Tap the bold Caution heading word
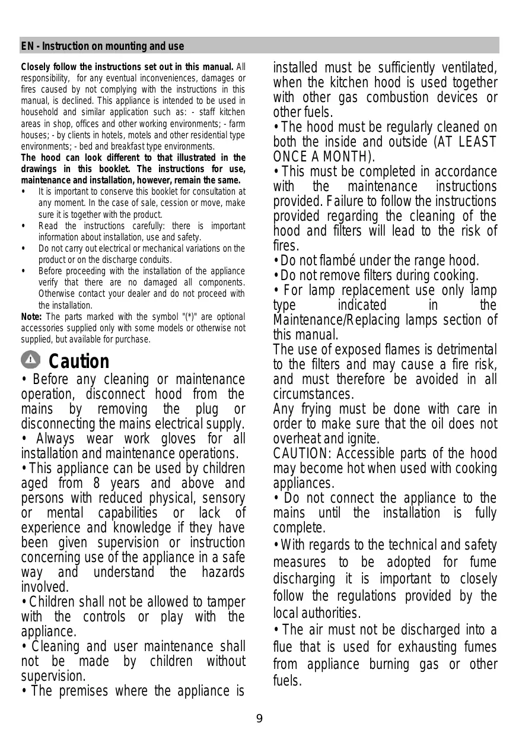coord(79,361)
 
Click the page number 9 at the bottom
coord(259,719)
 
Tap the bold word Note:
coord(31,317)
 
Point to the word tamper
coord(228,602)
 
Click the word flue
coord(284,647)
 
